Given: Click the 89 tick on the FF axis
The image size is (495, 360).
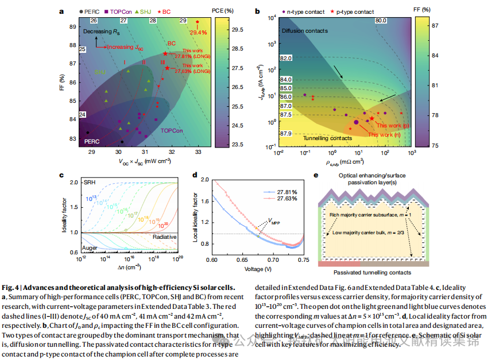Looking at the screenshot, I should tap(74, 26).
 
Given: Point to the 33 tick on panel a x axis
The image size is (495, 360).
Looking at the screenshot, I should tap(198, 152).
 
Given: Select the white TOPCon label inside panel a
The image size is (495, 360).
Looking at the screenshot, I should tap(173, 130).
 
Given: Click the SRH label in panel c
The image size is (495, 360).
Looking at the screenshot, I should tap(90, 181).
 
